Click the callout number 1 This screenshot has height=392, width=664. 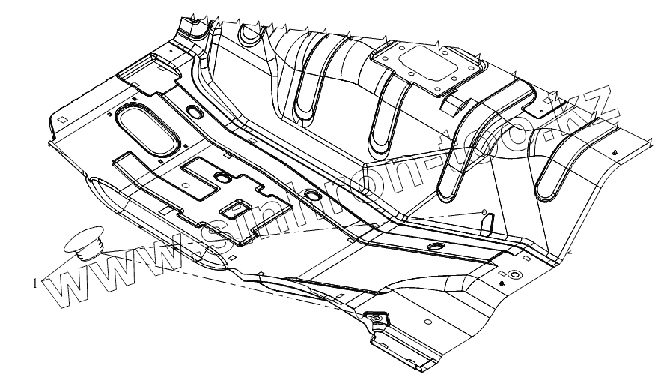point(36,283)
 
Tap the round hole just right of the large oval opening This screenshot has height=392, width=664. point(195,112)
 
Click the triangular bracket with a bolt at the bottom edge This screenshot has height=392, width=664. point(375,320)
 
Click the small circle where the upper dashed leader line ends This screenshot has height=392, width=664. point(484,211)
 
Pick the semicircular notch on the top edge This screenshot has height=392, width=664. point(246,34)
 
